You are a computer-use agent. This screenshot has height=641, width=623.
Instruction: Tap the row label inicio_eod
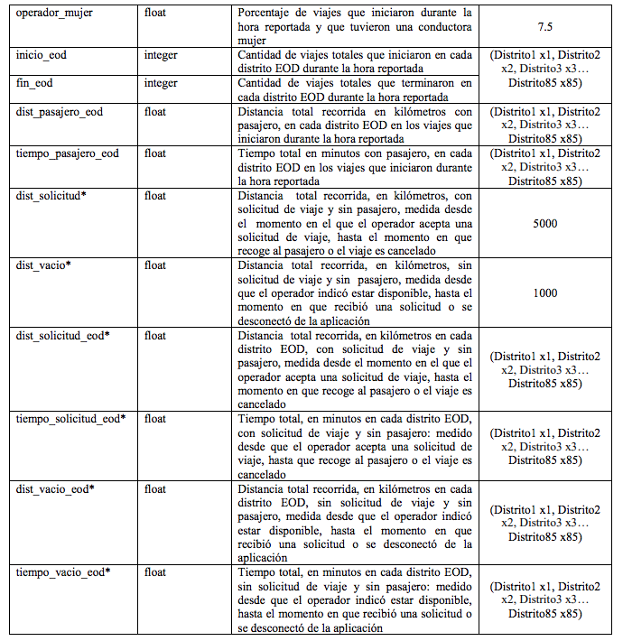coord(42,55)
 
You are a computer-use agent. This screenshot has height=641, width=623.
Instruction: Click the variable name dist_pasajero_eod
coord(60,112)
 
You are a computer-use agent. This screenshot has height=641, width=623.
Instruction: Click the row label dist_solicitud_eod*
coord(63,336)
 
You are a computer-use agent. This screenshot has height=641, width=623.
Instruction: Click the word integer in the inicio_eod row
coord(161,55)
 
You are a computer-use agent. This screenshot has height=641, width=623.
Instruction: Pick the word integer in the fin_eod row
coord(161,84)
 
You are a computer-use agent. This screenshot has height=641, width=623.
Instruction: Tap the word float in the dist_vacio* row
coord(155,265)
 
